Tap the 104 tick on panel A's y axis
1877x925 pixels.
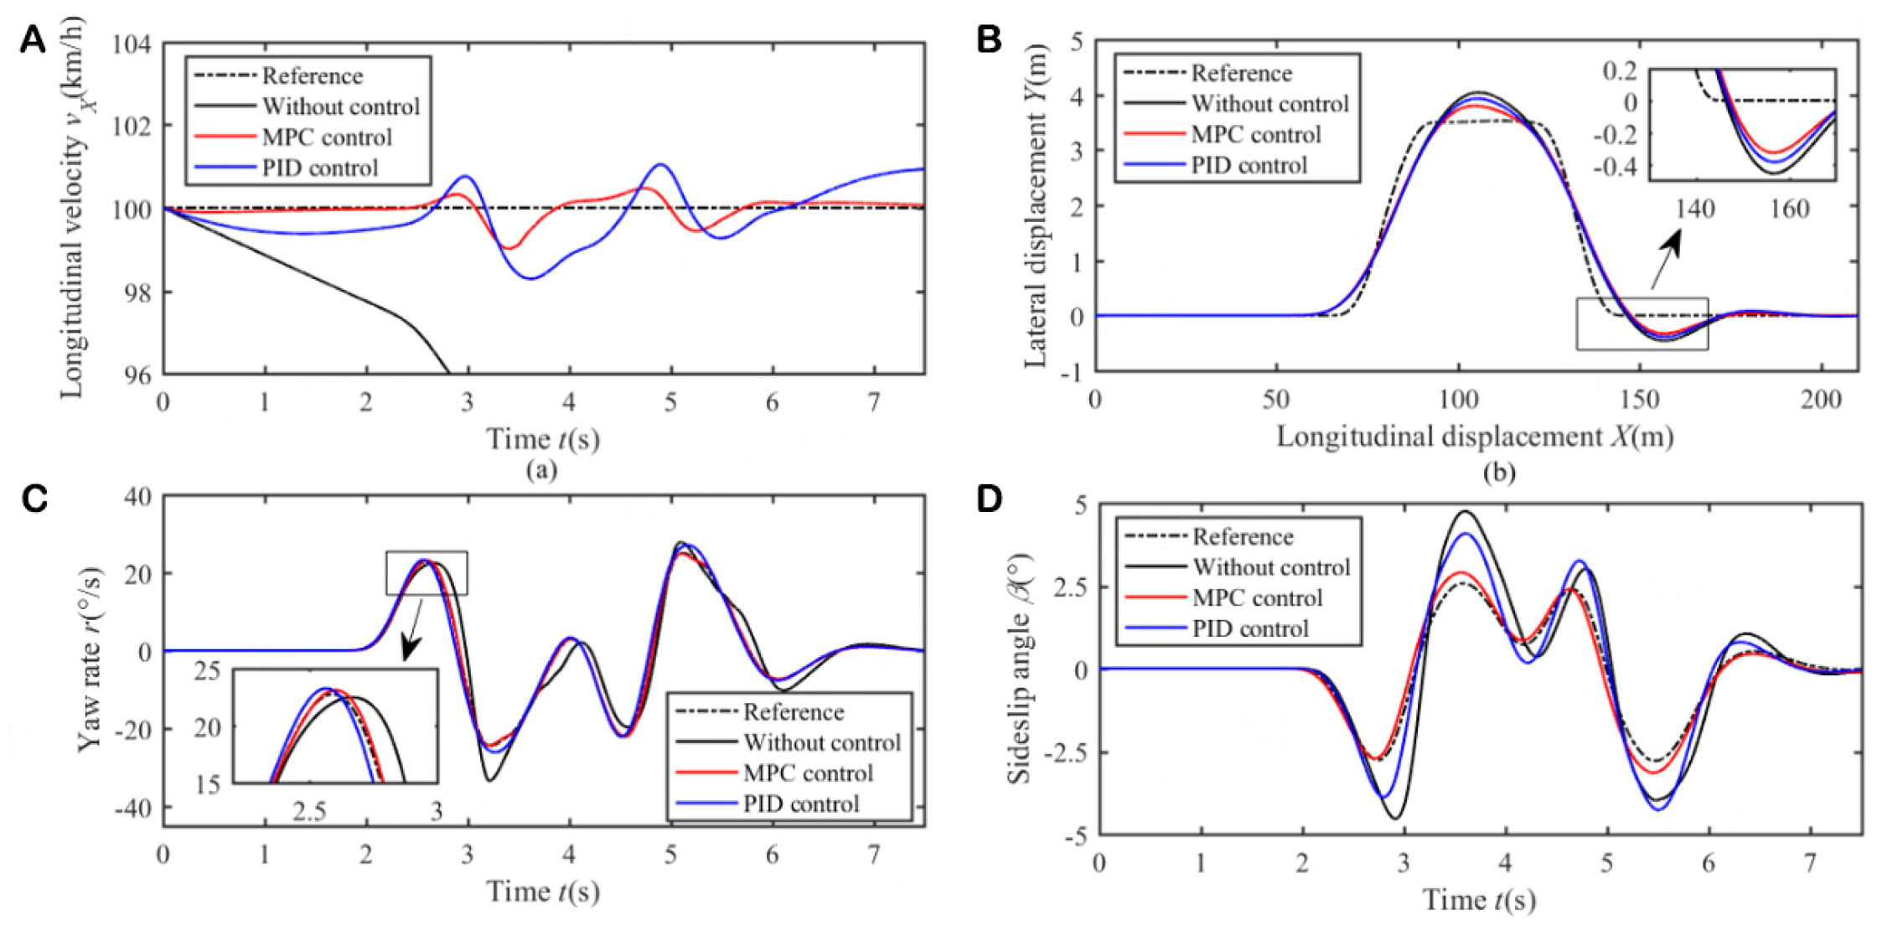coord(132,44)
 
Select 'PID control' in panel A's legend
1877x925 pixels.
coord(319,168)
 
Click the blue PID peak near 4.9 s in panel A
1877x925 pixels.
coord(661,165)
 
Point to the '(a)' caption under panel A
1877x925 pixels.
coord(542,470)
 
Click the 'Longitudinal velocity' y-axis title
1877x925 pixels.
coord(73,207)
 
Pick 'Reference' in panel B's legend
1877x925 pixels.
coord(1241,74)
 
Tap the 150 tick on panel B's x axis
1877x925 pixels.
coord(1639,400)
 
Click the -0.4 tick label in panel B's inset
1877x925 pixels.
coord(1619,167)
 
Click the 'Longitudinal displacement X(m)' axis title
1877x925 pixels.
coord(1475,437)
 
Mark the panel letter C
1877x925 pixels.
coord(34,499)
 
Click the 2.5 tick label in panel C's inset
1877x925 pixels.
coord(309,810)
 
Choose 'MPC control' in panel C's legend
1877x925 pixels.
coord(807,773)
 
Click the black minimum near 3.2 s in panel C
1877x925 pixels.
coord(489,781)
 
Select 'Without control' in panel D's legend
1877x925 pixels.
coord(1271,567)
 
